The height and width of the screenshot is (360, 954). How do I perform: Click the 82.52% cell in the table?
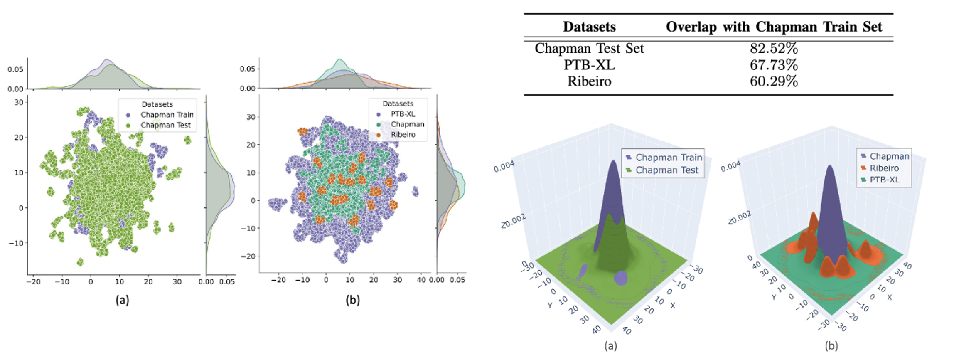point(774,49)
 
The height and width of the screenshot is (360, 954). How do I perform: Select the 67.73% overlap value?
point(774,65)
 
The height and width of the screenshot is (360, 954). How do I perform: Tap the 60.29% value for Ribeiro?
point(774,81)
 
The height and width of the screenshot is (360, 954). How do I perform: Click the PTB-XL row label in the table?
point(589,65)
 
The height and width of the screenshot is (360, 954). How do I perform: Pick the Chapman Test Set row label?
point(589,49)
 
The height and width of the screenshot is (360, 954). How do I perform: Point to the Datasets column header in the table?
point(589,27)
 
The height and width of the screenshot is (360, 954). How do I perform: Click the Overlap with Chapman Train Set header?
point(774,27)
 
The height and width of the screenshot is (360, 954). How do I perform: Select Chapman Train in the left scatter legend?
point(167,115)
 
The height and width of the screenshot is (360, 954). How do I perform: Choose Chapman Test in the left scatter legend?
point(165,125)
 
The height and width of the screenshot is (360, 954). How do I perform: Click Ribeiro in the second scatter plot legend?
point(403,135)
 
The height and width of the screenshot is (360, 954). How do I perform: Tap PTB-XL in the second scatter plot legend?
point(403,114)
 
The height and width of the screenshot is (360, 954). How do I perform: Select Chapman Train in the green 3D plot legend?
point(668,158)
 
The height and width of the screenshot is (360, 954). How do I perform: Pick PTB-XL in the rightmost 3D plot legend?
point(884,180)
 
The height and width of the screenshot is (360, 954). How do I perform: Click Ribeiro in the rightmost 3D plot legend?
point(884,168)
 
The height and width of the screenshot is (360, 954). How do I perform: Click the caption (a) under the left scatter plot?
point(122,300)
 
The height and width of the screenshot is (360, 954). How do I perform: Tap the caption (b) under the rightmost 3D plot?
point(831,345)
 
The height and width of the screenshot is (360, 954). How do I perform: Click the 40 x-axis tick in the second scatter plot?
point(421,280)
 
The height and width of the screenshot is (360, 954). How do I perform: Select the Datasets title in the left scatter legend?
point(157,104)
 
